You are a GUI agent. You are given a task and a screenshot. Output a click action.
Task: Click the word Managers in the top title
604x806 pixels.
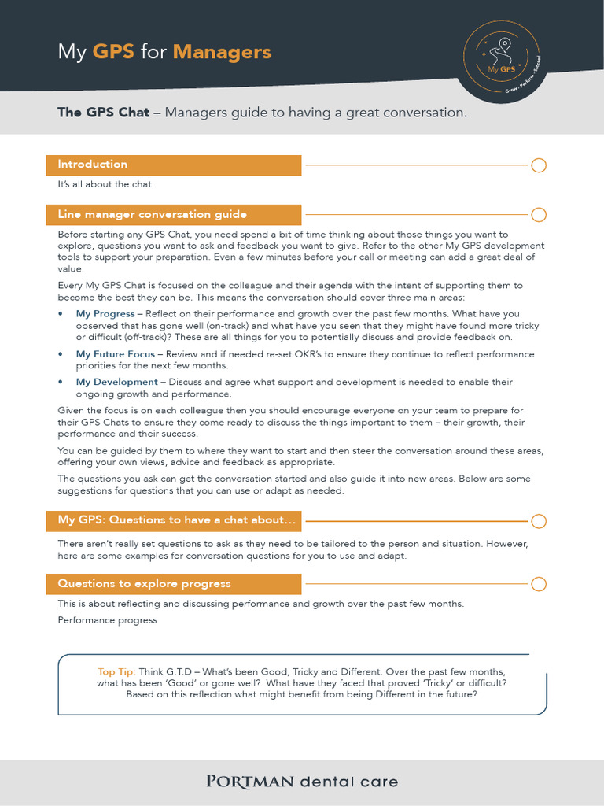(x=222, y=52)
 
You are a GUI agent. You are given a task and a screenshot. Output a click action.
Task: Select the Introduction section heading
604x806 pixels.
(x=92, y=165)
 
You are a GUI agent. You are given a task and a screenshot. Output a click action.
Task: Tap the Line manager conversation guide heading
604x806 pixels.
(x=152, y=214)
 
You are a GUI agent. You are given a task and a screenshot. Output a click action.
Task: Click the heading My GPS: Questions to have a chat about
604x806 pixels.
(x=177, y=520)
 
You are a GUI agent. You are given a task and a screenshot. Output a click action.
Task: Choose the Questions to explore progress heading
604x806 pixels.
(x=144, y=583)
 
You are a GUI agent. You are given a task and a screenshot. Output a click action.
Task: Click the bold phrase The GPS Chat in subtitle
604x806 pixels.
(x=103, y=113)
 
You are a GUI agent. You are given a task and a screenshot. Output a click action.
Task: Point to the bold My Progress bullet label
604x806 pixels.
(x=105, y=314)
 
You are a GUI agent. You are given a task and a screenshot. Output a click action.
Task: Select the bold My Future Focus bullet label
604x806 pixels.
(x=116, y=354)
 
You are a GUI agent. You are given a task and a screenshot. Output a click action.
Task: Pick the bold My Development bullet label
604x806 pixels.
(x=117, y=382)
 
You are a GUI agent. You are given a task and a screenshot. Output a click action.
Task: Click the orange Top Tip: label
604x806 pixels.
(x=116, y=671)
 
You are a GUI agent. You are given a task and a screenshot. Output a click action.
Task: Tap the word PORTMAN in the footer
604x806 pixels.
(x=249, y=782)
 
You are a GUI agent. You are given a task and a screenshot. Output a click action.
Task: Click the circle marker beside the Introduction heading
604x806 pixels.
(x=539, y=165)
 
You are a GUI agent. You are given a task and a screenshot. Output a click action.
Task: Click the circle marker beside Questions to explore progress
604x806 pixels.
(x=539, y=584)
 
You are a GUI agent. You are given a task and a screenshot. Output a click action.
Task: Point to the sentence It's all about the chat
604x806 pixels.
(x=105, y=184)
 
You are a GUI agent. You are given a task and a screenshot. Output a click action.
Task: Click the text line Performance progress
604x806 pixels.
(x=107, y=620)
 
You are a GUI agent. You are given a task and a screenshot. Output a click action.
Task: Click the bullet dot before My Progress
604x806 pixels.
(x=61, y=314)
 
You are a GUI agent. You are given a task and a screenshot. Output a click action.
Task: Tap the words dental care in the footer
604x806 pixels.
(x=349, y=782)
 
